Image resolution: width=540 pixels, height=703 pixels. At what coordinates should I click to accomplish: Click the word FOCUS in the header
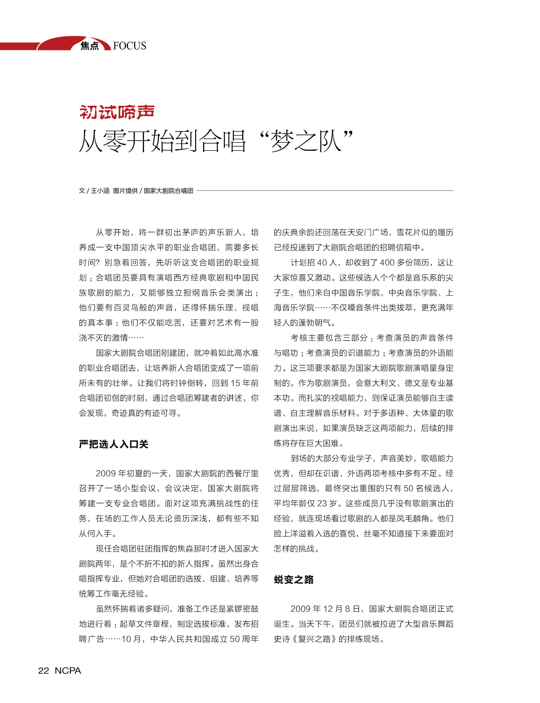point(130,46)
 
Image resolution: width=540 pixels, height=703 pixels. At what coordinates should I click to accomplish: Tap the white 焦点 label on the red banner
point(90,46)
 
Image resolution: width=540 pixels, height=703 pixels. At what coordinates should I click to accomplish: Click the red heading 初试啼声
point(117,112)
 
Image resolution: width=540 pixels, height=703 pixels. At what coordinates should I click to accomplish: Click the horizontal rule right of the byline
point(325,190)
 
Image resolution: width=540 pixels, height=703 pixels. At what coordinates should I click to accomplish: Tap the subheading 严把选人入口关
point(113,444)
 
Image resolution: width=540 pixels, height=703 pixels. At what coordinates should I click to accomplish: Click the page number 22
point(43,670)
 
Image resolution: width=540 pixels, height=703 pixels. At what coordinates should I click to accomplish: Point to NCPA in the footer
point(68,670)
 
